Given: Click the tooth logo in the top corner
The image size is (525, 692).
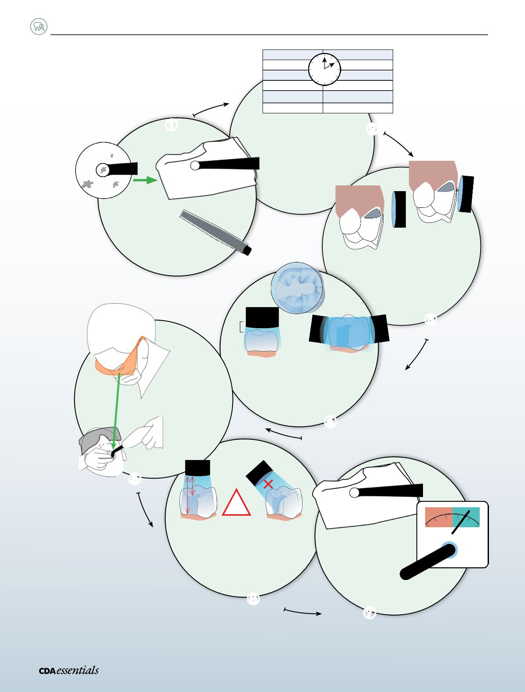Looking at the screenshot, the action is [x=39, y=26].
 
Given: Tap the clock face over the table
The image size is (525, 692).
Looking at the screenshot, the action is [x=324, y=69].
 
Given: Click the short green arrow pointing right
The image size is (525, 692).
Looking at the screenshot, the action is [x=145, y=180].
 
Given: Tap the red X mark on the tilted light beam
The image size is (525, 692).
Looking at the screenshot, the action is [x=268, y=484].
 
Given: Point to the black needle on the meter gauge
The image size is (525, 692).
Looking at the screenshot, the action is [x=461, y=522].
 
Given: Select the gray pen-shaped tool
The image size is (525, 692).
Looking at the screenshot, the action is [x=215, y=232].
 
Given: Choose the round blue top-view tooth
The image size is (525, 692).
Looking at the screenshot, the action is [x=297, y=288].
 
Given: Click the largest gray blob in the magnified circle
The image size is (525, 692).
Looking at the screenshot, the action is [x=87, y=184].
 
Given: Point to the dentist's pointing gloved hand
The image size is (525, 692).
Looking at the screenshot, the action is [x=145, y=433].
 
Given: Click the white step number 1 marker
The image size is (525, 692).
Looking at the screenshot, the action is [x=171, y=125].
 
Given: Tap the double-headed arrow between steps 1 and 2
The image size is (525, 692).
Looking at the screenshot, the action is [x=211, y=109].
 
